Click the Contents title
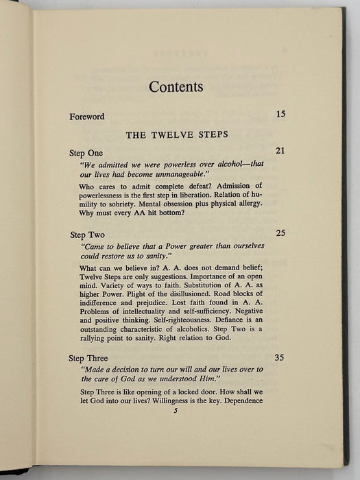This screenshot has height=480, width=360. point(176,87)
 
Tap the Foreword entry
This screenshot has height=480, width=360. point(87,117)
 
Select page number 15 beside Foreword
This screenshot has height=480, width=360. point(280,114)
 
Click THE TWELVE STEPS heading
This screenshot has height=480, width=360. point(176,134)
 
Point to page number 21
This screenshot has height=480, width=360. point(280,150)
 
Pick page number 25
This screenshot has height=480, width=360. point(280,232)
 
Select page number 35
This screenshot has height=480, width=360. point(280,357)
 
